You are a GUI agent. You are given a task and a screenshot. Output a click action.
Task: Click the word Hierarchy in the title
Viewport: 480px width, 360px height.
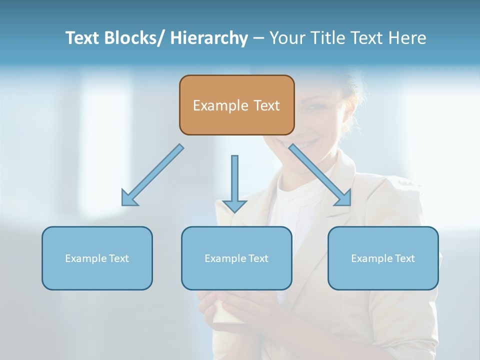coord(209,38)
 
